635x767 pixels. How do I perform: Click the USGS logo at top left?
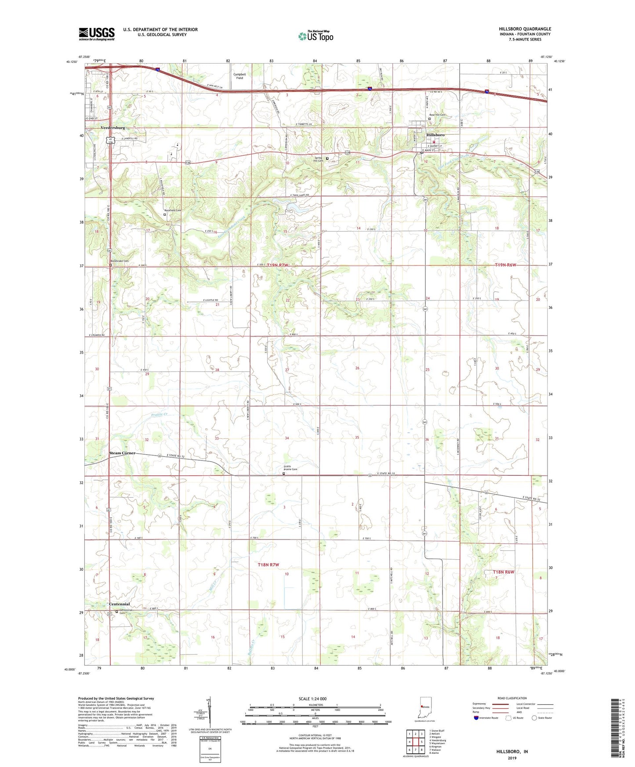[97, 34]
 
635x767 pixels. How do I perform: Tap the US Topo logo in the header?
[315, 36]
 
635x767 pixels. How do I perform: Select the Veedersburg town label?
[113, 128]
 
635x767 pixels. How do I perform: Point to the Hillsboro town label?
[435, 135]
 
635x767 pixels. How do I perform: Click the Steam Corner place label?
[122, 453]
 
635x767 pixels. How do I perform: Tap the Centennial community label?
[119, 604]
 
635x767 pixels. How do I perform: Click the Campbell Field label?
[239, 76]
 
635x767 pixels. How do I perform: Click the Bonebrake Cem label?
[120, 261]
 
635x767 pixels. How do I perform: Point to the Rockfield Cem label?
[173, 210]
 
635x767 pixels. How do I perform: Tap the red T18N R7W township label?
[269, 564]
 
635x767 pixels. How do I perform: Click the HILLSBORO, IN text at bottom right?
[512, 752]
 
